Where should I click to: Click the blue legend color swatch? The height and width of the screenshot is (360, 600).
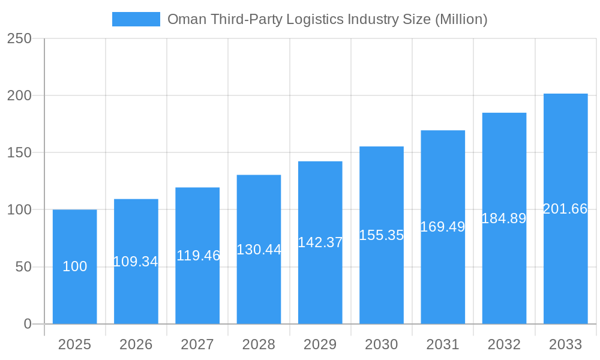[136, 19]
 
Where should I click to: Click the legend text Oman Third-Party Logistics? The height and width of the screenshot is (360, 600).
[327, 19]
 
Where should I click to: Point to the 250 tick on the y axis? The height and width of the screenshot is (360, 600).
[19, 38]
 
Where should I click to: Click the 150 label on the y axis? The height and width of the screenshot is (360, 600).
[19, 152]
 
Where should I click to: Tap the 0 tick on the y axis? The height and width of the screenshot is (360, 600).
[28, 324]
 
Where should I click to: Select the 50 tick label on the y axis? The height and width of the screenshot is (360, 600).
[23, 267]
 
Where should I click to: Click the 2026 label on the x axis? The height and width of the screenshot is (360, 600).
[136, 344]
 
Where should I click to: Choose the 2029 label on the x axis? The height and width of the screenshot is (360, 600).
[320, 344]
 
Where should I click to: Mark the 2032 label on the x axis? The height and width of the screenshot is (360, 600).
[504, 344]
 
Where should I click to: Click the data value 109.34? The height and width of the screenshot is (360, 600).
[136, 262]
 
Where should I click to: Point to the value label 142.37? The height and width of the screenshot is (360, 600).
[320, 242]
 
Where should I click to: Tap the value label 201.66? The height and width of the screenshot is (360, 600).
[565, 209]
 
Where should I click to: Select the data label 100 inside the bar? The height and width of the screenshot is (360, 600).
[75, 266]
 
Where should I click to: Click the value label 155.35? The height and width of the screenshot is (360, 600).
[382, 235]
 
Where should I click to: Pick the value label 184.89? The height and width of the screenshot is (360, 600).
[504, 218]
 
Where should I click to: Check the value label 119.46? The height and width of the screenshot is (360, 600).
[198, 256]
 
